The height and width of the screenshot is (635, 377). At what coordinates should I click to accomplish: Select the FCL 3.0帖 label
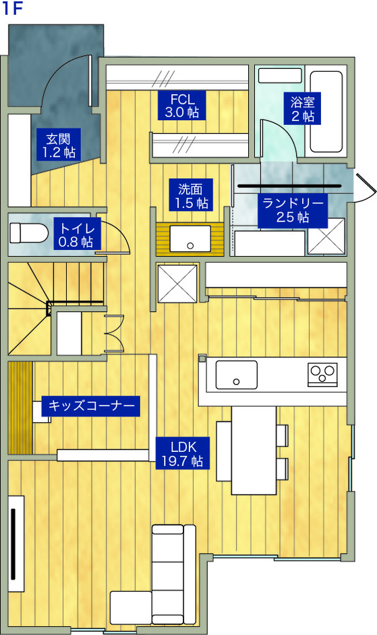click(183, 104)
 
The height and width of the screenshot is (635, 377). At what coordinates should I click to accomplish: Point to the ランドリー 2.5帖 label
click(293, 210)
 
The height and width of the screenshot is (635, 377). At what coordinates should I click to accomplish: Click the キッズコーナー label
click(90, 406)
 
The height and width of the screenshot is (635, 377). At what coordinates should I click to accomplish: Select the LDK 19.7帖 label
click(183, 453)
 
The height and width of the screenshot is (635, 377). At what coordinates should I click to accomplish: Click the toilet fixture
click(28, 234)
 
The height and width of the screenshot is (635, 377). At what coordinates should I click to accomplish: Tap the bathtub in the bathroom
click(326, 111)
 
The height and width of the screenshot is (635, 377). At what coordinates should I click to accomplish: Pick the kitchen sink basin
click(236, 374)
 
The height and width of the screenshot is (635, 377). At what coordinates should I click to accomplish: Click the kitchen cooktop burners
click(322, 374)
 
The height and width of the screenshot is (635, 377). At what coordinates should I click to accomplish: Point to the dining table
click(254, 450)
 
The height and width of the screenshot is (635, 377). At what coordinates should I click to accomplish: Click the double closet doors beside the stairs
click(114, 333)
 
